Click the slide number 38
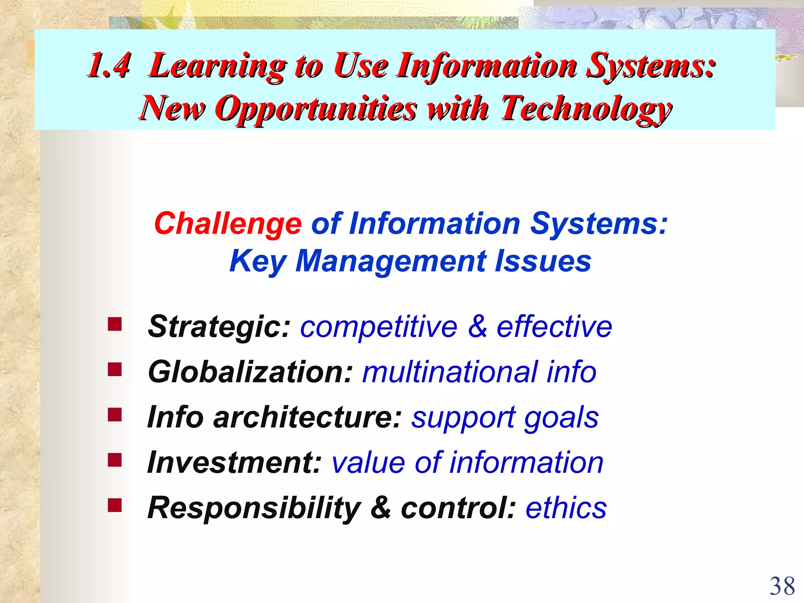tap(782, 587)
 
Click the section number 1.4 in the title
tap(109, 66)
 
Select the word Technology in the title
tap(586, 109)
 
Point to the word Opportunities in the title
tap(316, 109)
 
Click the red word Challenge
tap(228, 224)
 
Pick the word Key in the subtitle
tap(258, 262)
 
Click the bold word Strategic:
tap(219, 327)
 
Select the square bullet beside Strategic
tap(115, 325)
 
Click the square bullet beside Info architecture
tap(115, 415)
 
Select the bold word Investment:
tap(234, 462)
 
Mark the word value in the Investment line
tap(368, 462)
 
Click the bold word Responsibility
tap(254, 508)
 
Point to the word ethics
tap(566, 508)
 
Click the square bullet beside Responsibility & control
tap(115, 505)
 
